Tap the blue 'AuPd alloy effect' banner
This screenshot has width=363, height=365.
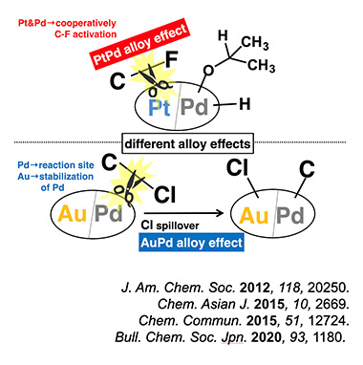192,243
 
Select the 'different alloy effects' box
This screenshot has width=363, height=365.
188,143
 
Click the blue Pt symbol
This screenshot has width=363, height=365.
160,108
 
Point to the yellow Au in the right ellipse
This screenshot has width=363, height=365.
253,215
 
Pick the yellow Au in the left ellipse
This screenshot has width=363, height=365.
72,213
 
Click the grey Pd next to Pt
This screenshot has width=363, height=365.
194,107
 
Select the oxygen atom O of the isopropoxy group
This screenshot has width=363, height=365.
208,70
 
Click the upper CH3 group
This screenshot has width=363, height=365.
254,43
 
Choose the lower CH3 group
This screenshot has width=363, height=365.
261,65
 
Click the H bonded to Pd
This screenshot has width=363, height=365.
245,104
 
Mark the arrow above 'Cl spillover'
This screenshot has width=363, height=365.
184,213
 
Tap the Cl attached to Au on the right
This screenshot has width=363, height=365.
237,167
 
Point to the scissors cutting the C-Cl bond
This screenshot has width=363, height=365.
127,187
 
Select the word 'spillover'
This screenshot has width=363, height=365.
178,225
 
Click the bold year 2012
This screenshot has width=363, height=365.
255,288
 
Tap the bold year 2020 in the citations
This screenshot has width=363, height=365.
267,337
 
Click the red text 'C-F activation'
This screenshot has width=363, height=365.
86,34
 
